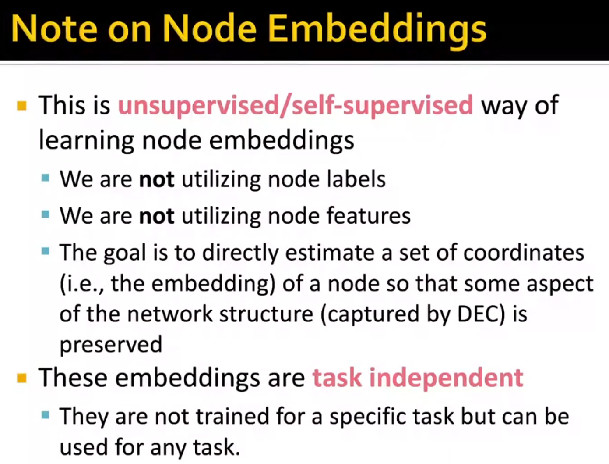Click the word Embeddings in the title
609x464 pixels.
click(x=377, y=29)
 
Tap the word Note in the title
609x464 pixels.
click(x=53, y=29)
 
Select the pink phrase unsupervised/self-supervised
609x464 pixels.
click(x=296, y=106)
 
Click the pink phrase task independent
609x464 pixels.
click(x=418, y=378)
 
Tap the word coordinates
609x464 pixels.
click(x=524, y=253)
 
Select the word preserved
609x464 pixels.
click(x=111, y=345)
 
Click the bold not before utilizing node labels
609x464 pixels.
click(x=156, y=179)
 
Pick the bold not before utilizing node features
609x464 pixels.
click(x=156, y=216)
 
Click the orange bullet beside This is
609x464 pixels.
click(x=22, y=106)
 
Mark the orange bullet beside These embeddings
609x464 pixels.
click(x=22, y=378)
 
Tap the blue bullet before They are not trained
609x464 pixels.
click(x=46, y=415)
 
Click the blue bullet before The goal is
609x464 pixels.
click(x=46, y=251)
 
